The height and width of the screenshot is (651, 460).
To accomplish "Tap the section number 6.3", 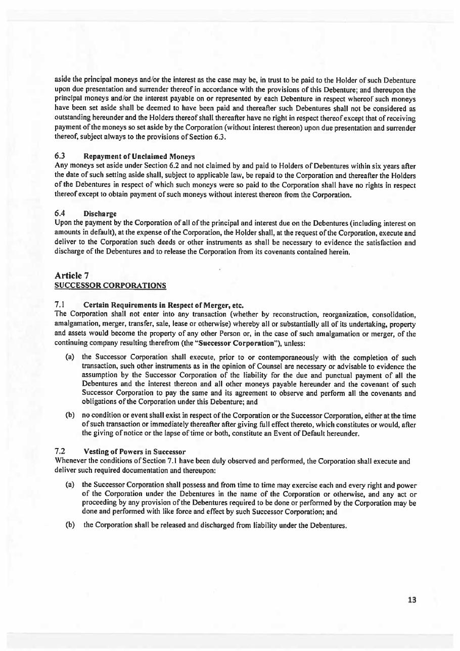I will point(59,156).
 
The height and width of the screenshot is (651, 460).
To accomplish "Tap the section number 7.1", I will point(59,305).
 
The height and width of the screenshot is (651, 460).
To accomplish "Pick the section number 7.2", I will point(59,452).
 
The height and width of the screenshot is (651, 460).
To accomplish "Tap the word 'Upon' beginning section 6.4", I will point(62,222).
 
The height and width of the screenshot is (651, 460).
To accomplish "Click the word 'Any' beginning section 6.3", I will point(61,165).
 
